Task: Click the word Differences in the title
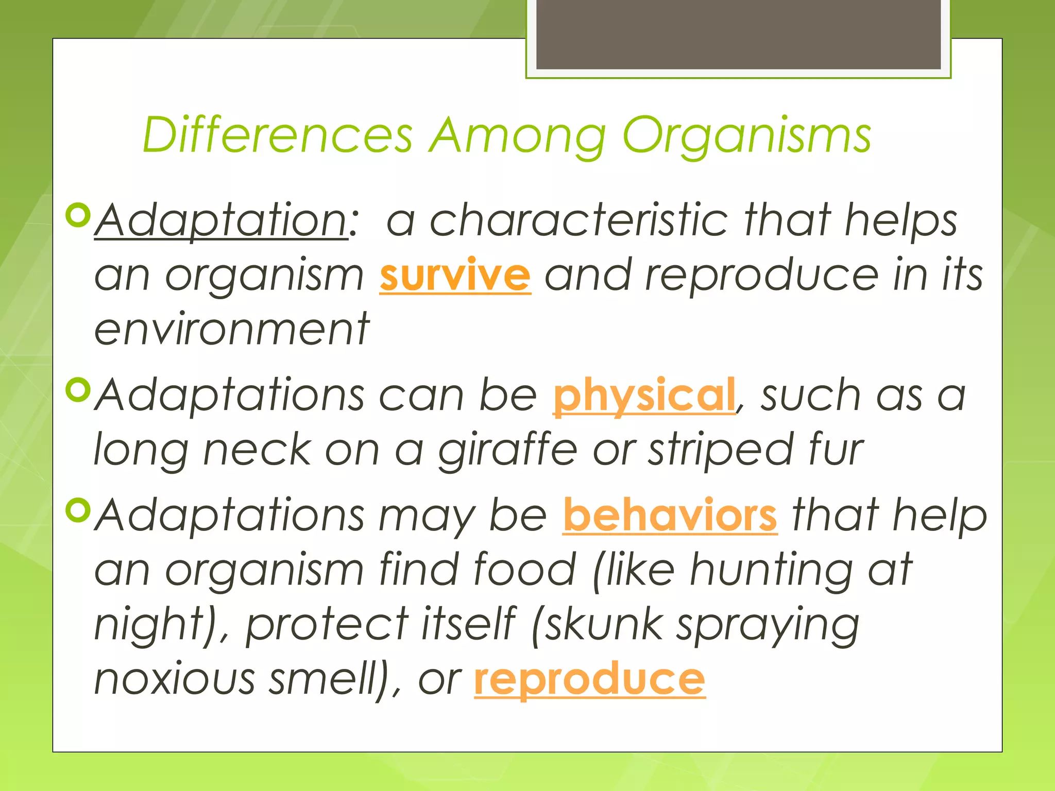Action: [278, 135]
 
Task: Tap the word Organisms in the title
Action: [746, 136]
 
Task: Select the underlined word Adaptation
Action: [222, 220]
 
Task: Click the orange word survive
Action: [455, 275]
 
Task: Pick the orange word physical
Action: [644, 395]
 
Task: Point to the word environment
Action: [232, 330]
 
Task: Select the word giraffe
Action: [508, 450]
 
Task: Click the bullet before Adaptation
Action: [78, 216]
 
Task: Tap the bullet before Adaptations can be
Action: [78, 390]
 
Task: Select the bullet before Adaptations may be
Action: [78, 510]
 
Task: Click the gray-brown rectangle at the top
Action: [738, 34]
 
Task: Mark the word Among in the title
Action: [518, 136]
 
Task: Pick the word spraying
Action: [768, 625]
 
